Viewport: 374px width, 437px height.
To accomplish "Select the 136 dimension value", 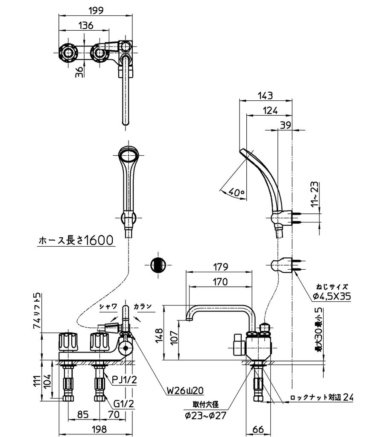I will coord(86,25).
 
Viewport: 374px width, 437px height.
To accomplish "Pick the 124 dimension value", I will coord(269,110).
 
